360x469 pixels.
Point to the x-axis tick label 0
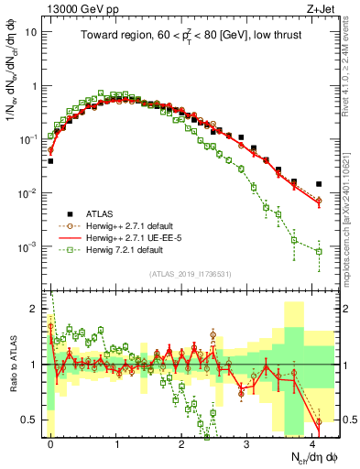point(50,442)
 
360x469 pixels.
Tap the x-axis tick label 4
point(313,442)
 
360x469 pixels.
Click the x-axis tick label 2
point(182,442)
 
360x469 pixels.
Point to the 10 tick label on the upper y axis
point(32,31)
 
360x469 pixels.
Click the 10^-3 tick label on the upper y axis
point(29,247)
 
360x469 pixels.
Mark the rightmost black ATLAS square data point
point(319,184)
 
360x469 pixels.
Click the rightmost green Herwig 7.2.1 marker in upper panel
point(319,251)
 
